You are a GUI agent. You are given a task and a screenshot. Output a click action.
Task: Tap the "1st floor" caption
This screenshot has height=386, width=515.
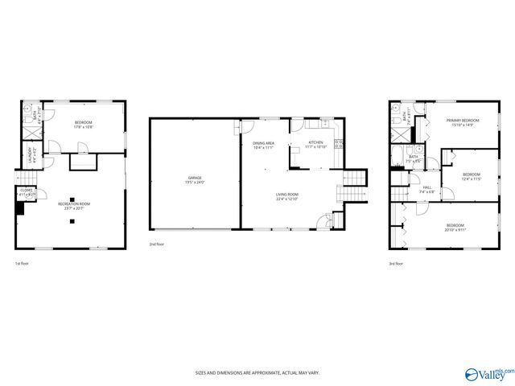(23, 263)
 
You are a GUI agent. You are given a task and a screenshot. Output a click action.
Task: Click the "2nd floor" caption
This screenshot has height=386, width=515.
(158, 244)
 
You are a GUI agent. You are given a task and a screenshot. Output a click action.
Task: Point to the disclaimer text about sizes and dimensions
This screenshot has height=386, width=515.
(257, 373)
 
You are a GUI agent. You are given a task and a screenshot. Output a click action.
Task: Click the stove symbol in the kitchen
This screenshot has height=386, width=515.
(340, 144)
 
